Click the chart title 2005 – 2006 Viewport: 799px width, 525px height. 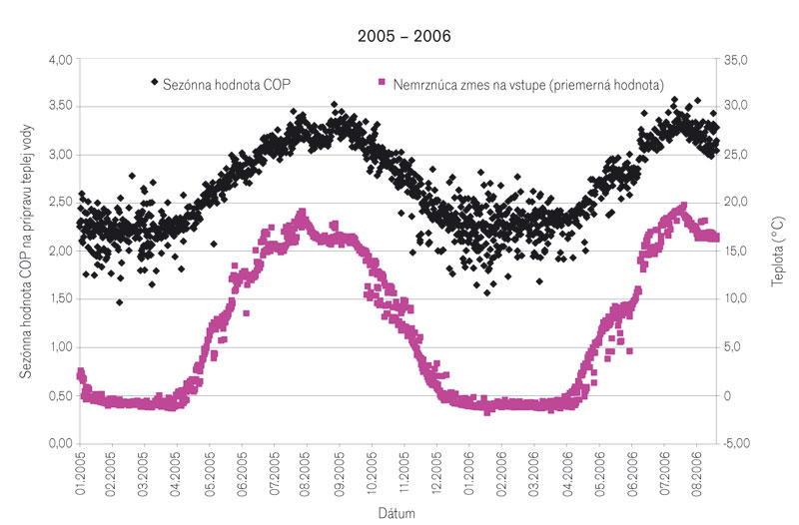[404, 37]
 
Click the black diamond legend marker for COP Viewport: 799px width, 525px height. [153, 82]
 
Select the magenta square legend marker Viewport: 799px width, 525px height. [382, 82]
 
